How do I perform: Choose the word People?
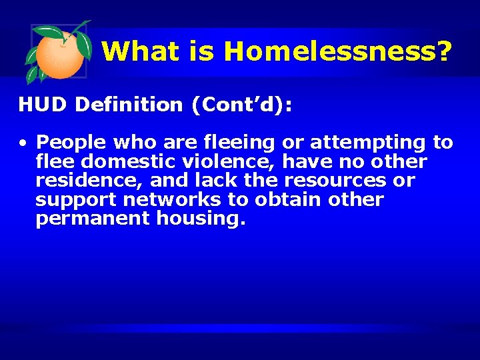[x=69, y=143]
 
